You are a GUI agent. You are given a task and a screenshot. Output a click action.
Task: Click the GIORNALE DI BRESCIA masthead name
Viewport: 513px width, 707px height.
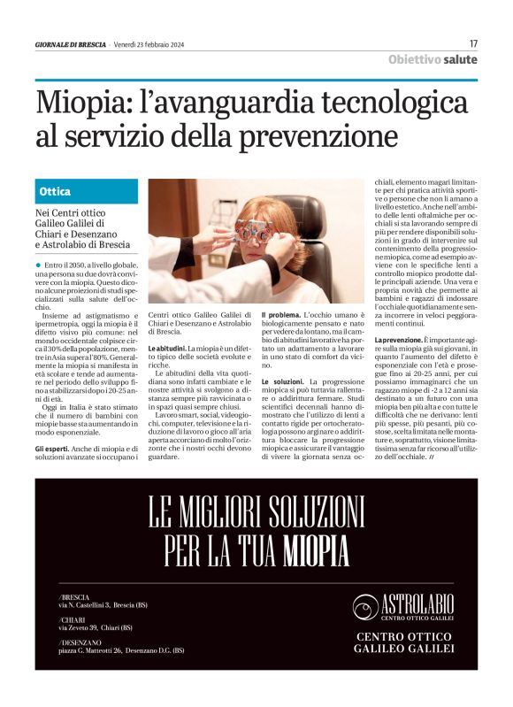pos(70,44)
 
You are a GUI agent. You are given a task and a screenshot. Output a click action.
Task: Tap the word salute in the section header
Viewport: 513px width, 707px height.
pos(460,59)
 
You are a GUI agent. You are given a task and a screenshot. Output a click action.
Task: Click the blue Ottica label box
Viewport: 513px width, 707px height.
pos(87,191)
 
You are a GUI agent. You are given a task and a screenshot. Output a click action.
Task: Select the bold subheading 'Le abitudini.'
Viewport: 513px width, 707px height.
pos(170,350)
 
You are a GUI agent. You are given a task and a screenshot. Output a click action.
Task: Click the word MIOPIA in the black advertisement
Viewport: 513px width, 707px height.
pos(317,550)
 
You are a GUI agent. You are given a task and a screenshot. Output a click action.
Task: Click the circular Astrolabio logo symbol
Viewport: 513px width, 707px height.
pos(366,606)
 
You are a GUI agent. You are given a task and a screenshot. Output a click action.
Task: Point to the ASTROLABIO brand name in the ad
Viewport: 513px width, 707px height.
pos(417,604)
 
